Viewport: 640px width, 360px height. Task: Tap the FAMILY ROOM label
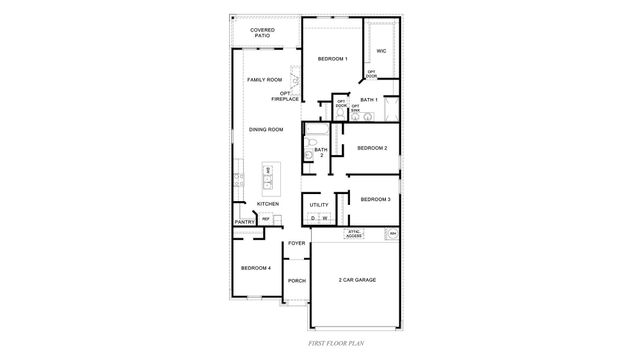[x=264, y=79]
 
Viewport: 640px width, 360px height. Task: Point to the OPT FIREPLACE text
[x=284, y=97]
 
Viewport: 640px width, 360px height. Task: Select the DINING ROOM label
[x=266, y=130]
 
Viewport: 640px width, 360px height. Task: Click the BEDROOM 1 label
[x=333, y=60]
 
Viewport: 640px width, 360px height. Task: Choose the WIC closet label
[x=381, y=50]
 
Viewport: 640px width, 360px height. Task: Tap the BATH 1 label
[x=368, y=100]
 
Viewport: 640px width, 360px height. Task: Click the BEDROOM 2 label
[x=372, y=149]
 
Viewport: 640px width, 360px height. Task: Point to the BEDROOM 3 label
[x=375, y=199]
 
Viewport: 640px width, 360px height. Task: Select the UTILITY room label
[x=319, y=205]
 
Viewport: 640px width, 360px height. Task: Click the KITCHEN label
[x=267, y=204]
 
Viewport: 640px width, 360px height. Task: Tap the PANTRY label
[x=243, y=222]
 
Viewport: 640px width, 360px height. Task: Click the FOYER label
[x=296, y=243]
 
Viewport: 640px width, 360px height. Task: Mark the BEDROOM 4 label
[x=255, y=268]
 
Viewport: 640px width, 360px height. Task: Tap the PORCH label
[x=296, y=281]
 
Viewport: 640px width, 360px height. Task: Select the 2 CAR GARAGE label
[x=357, y=279]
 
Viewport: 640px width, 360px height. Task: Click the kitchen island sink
[x=269, y=172]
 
